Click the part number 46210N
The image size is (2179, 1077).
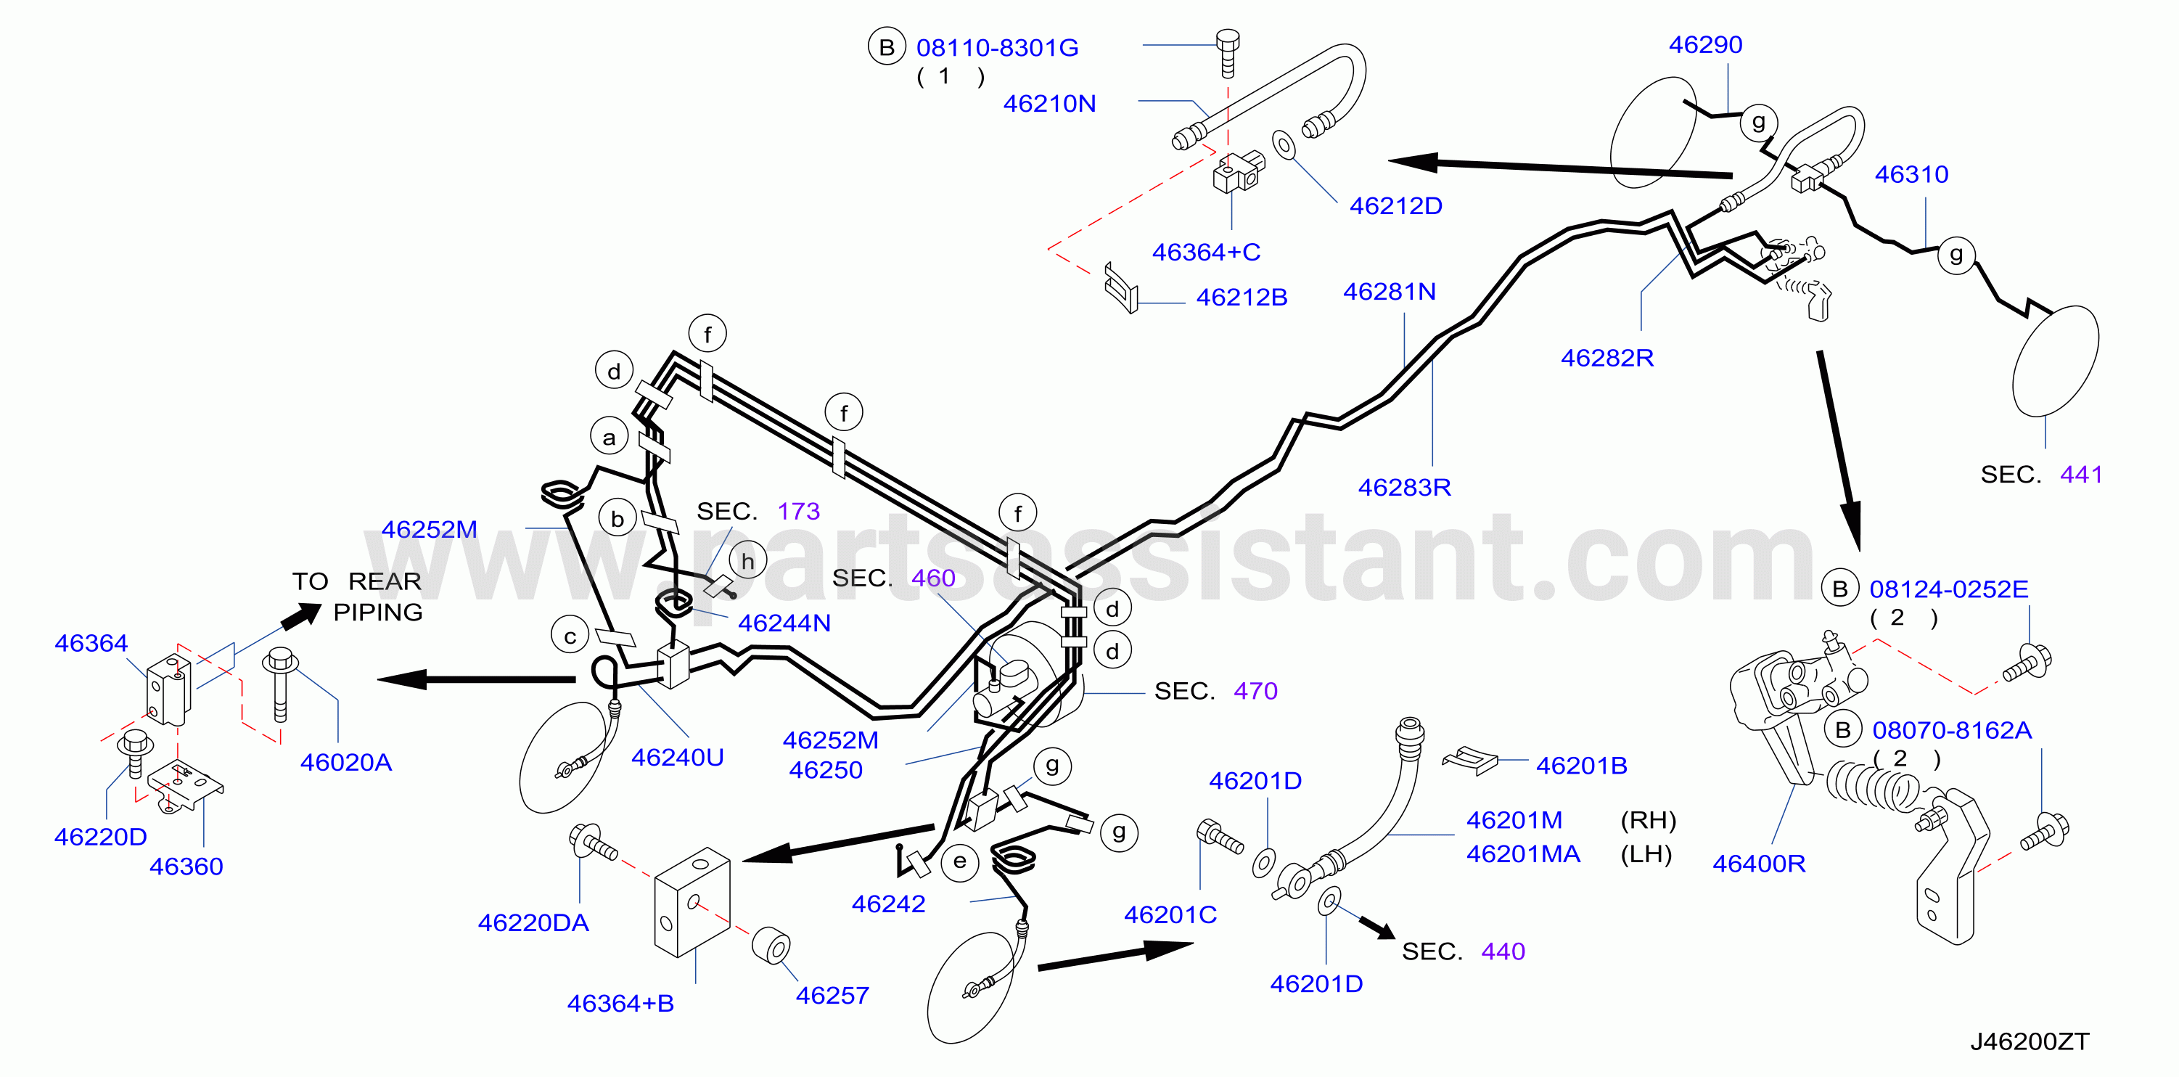pyautogui.click(x=1049, y=103)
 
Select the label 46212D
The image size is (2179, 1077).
pyautogui.click(x=1396, y=205)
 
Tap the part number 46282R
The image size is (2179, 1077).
pyautogui.click(x=1607, y=358)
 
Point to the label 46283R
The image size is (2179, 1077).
pyautogui.click(x=1404, y=487)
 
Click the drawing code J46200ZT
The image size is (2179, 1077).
pyautogui.click(x=2030, y=1041)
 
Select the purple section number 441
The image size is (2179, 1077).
pyautogui.click(x=2081, y=475)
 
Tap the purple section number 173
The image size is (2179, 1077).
pyautogui.click(x=798, y=511)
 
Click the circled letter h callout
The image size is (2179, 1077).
pyautogui.click(x=747, y=561)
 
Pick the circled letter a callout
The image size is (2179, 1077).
pyautogui.click(x=609, y=438)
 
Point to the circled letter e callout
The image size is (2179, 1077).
pyautogui.click(x=959, y=862)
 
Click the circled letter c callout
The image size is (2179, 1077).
pyautogui.click(x=570, y=636)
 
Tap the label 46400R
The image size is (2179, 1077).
pyautogui.click(x=1759, y=864)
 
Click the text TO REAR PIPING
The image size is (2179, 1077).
pyautogui.click(x=357, y=597)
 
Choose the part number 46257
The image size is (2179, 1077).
pyautogui.click(x=832, y=996)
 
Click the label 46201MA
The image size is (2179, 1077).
pyautogui.click(x=1524, y=854)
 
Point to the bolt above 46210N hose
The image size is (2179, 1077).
pyautogui.click(x=1228, y=52)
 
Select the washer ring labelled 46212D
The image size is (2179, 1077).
pyautogui.click(x=1284, y=144)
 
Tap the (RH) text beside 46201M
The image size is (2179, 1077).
pyautogui.click(x=1648, y=821)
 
